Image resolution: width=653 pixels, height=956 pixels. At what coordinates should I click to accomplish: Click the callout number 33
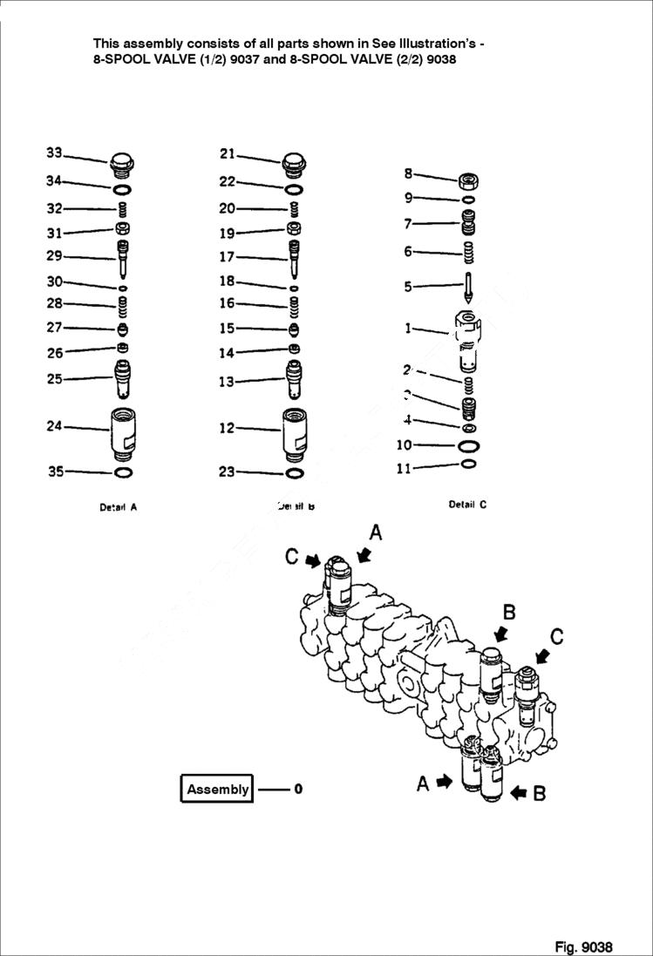click(54, 153)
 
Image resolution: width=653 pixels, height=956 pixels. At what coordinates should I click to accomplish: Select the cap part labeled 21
click(294, 163)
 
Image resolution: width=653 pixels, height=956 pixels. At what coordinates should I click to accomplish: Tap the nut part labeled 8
click(468, 181)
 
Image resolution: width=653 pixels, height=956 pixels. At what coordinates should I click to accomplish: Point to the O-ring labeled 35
click(123, 472)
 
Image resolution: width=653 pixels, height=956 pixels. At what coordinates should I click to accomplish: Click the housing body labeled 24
click(123, 431)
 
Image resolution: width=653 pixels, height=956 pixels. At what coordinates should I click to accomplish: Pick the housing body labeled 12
click(294, 431)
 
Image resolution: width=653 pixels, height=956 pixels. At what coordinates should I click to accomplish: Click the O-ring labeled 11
click(468, 464)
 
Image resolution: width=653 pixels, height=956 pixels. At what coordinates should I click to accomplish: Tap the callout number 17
click(227, 257)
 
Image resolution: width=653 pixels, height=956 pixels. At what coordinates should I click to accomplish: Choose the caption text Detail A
click(118, 507)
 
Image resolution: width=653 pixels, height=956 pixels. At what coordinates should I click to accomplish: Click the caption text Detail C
click(467, 505)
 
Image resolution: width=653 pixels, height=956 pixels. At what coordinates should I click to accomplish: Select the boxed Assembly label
click(217, 789)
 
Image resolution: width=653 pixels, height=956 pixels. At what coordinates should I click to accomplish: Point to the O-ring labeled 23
click(294, 472)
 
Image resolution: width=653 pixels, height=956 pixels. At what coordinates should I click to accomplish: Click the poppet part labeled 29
click(123, 257)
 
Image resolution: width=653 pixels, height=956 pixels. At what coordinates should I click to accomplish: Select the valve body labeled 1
click(468, 340)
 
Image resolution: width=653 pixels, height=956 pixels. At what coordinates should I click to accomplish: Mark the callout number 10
click(403, 445)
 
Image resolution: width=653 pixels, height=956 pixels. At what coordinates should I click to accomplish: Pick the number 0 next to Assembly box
click(297, 790)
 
